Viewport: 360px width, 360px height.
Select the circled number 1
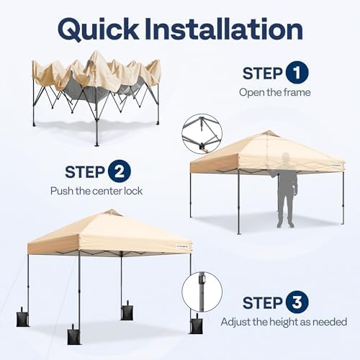[x=297, y=73]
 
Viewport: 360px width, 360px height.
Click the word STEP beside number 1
[x=261, y=73]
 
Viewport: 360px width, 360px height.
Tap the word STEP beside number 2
[x=85, y=172]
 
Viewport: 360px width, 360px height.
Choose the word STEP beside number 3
[x=261, y=302]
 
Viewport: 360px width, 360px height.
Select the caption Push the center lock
[x=96, y=191]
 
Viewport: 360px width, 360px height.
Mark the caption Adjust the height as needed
[x=284, y=322]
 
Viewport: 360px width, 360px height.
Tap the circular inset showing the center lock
[x=201, y=133]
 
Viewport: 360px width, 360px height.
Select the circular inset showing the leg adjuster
[x=201, y=292]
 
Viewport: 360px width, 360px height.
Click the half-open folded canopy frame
[x=96, y=86]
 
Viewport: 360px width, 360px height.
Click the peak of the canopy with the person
[x=269, y=133]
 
